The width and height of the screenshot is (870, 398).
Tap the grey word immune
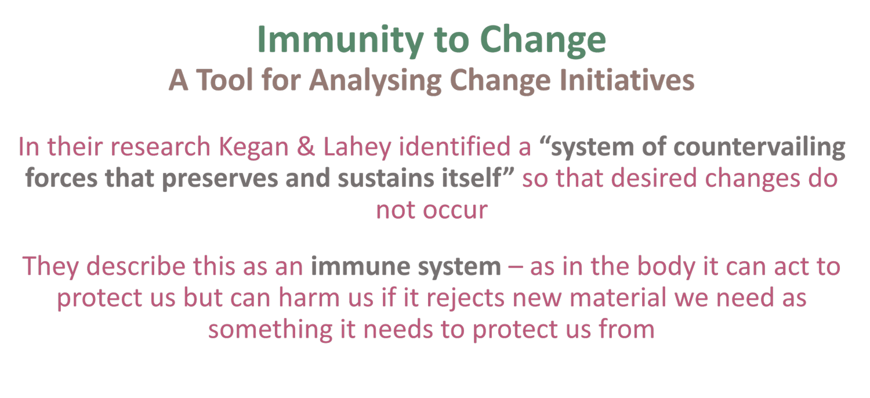354,267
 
